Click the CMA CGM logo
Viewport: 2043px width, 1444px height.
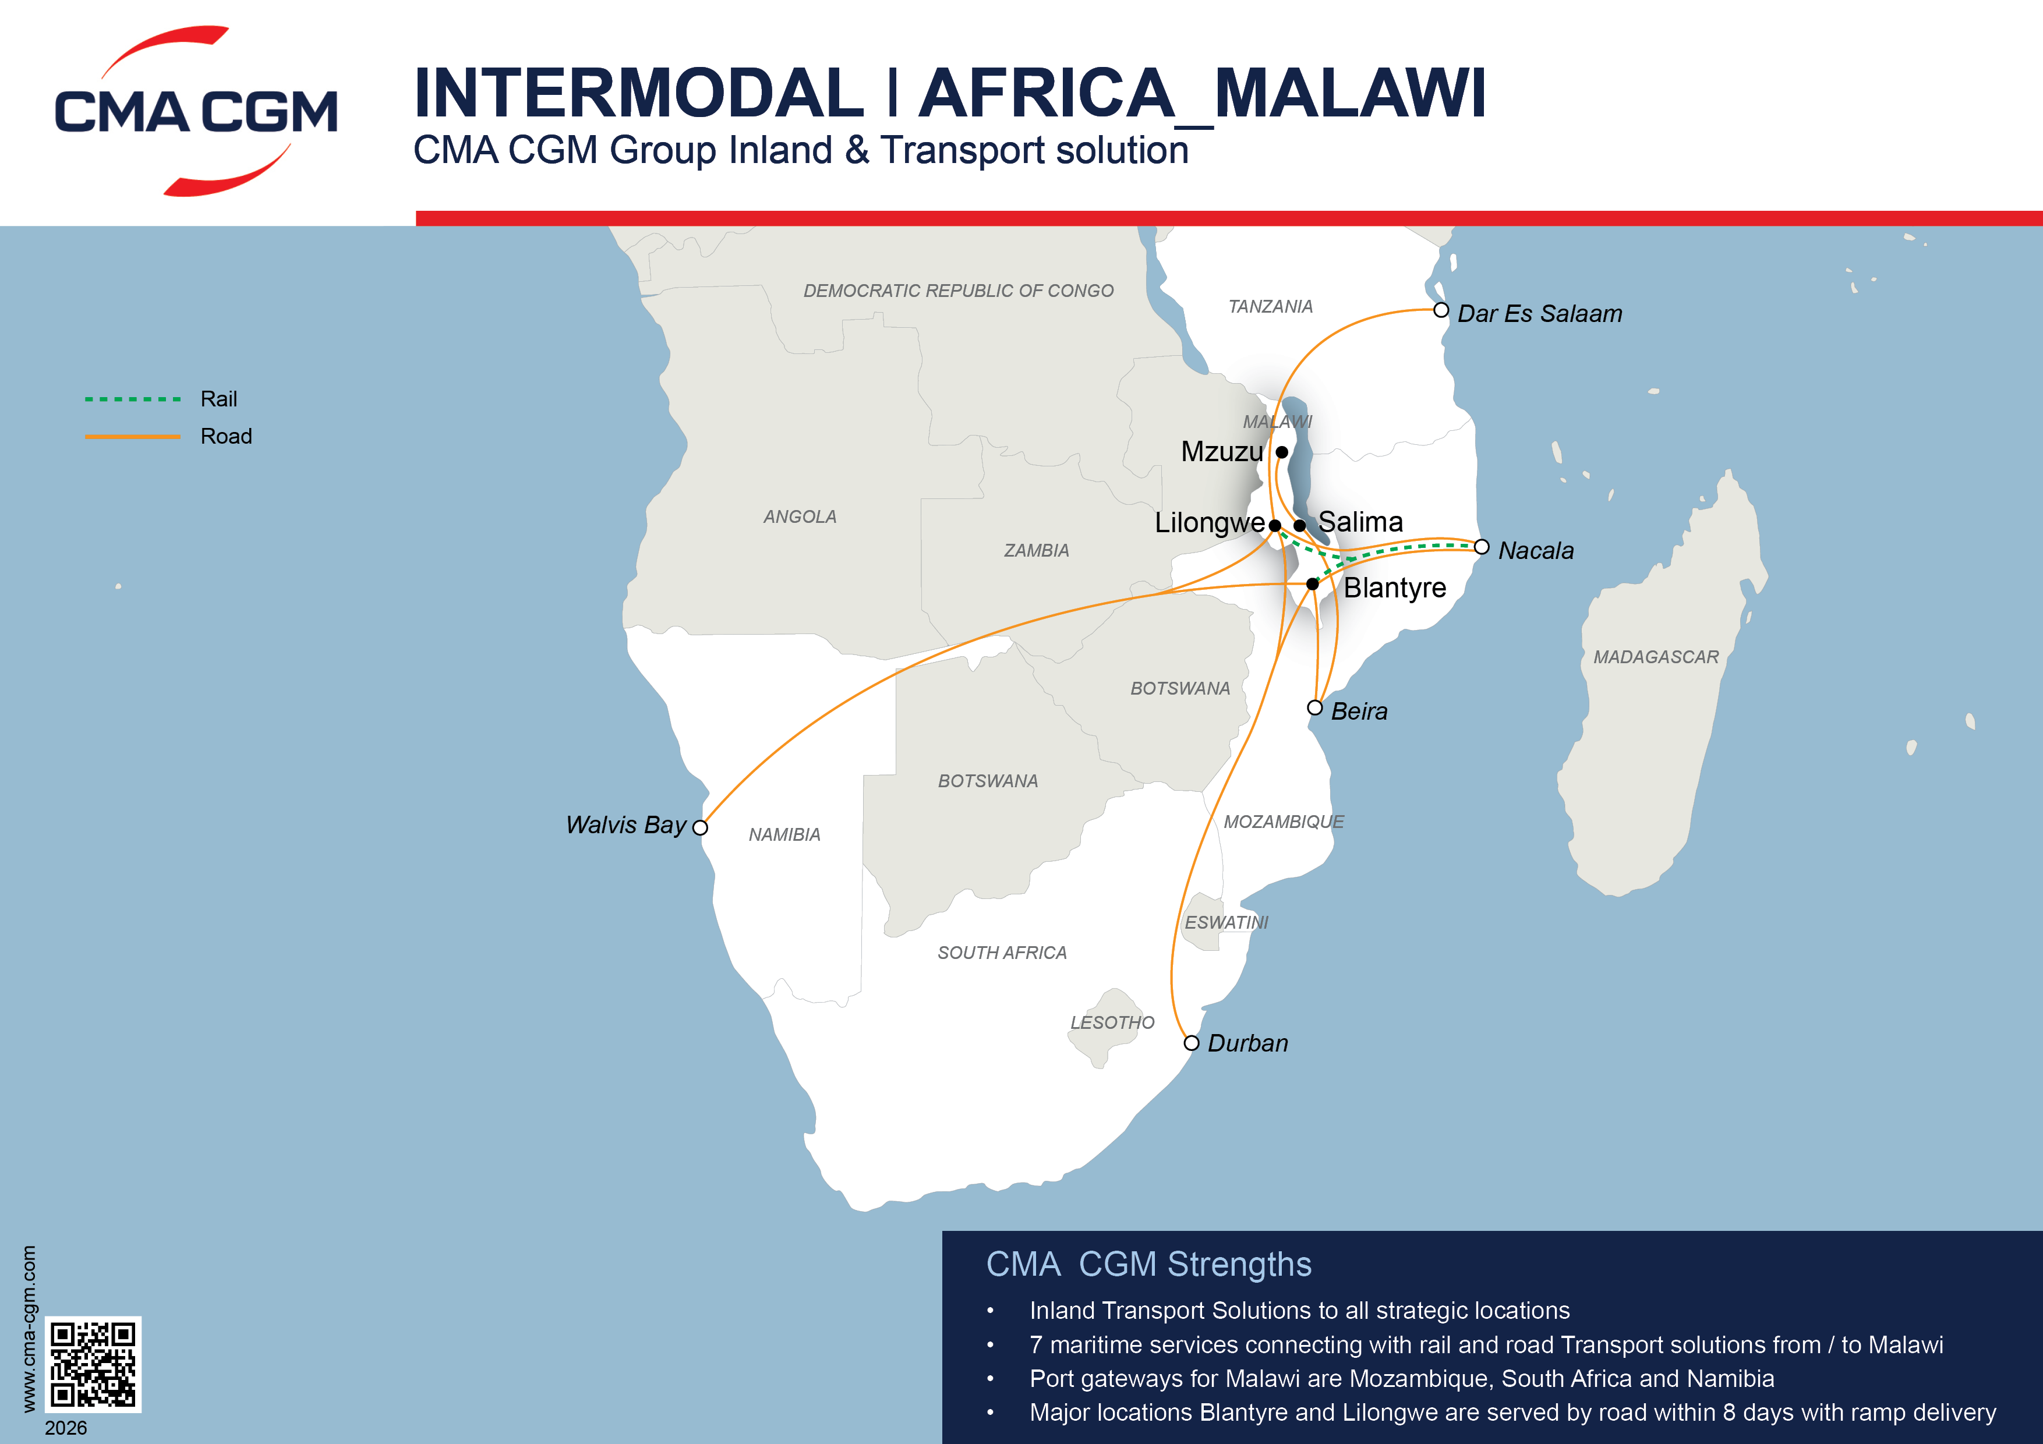coord(196,111)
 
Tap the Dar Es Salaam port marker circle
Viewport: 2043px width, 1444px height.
coord(1441,310)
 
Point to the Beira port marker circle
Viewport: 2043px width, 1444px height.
coord(1314,708)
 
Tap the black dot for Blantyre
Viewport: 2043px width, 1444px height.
coord(1313,583)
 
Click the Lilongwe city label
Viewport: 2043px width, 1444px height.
coord(1208,523)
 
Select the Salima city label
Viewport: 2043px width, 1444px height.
coord(1360,522)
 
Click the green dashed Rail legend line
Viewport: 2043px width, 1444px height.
coord(133,399)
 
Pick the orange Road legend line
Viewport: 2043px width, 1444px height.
coord(133,437)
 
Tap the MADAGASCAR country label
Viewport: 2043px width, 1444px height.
coord(1655,657)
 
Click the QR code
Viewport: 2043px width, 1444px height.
coord(93,1364)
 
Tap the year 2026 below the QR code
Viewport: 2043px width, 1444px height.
coord(66,1428)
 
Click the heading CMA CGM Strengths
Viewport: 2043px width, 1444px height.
coord(1148,1264)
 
